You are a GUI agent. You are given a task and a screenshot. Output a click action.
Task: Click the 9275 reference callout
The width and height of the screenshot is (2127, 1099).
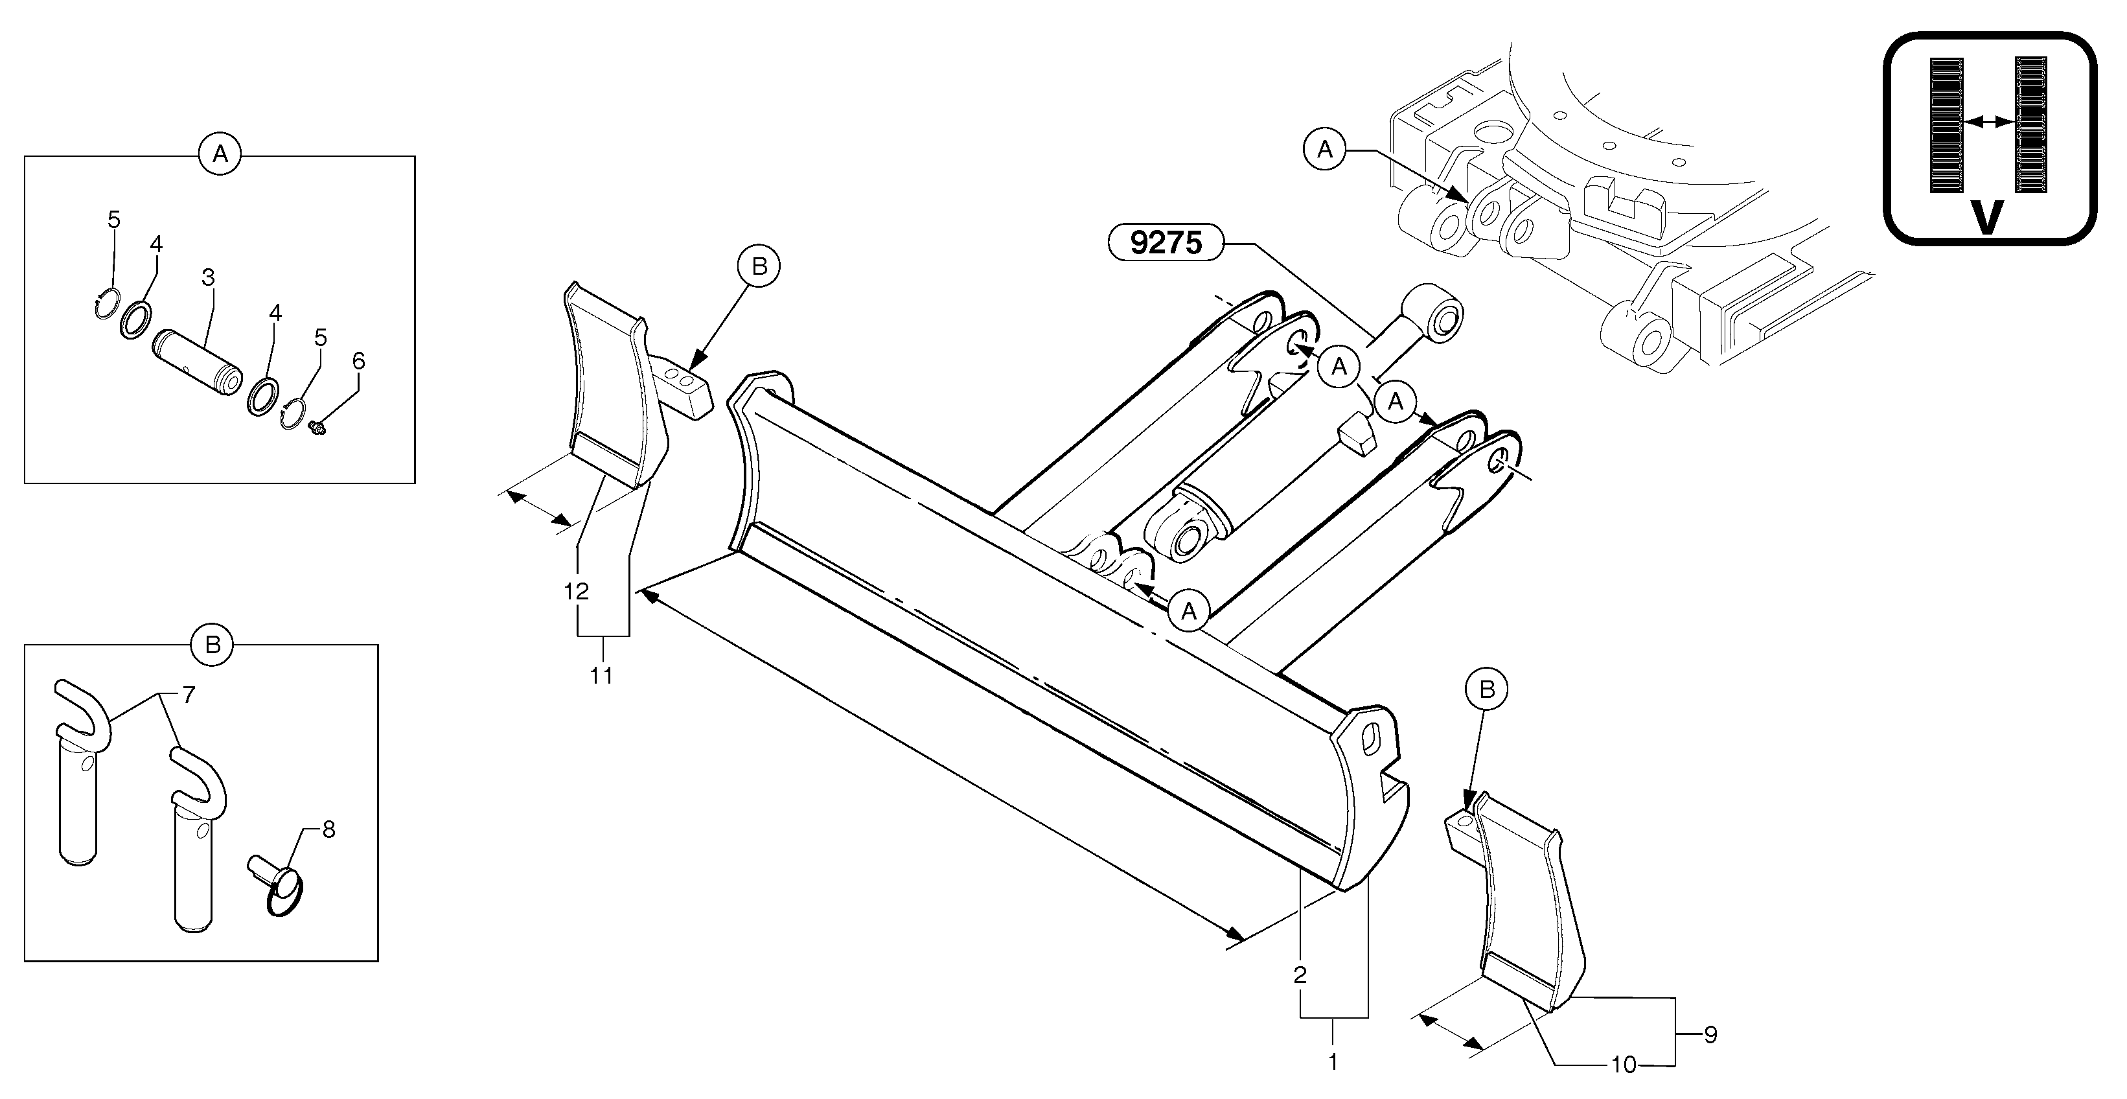tap(1165, 243)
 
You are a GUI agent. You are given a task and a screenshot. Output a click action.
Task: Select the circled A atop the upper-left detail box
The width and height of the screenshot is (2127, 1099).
tap(220, 154)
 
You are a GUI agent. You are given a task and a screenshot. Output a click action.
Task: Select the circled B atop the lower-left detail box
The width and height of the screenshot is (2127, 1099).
tap(213, 645)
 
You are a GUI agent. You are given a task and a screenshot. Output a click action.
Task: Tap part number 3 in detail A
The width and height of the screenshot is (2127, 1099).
tap(208, 277)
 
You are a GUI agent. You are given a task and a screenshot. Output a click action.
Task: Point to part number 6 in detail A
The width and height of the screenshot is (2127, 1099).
tap(358, 361)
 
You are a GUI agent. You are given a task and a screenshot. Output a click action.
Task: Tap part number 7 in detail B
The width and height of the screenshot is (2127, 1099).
tap(189, 695)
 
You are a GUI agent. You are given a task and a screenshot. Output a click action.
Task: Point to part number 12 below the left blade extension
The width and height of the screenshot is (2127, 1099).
tap(577, 591)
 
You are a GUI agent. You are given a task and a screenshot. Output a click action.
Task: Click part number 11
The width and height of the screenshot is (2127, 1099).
tap(601, 675)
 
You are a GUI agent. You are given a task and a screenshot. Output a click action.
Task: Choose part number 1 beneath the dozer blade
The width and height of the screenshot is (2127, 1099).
tap(1333, 1061)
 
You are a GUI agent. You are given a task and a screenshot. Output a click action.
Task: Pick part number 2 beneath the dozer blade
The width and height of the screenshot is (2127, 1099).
tap(1300, 975)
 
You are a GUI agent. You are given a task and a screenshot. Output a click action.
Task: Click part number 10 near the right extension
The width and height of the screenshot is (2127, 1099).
tap(1624, 1065)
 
